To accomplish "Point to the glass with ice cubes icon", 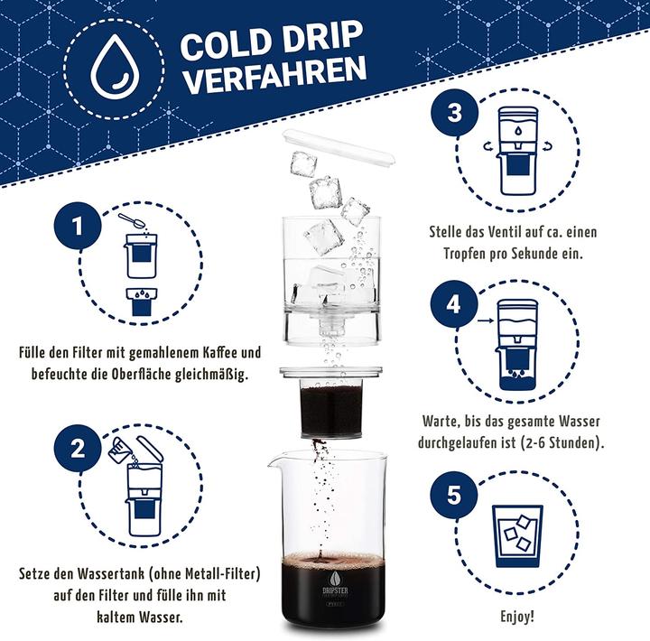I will [x=517, y=534].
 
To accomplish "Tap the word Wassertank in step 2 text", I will [x=110, y=574].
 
